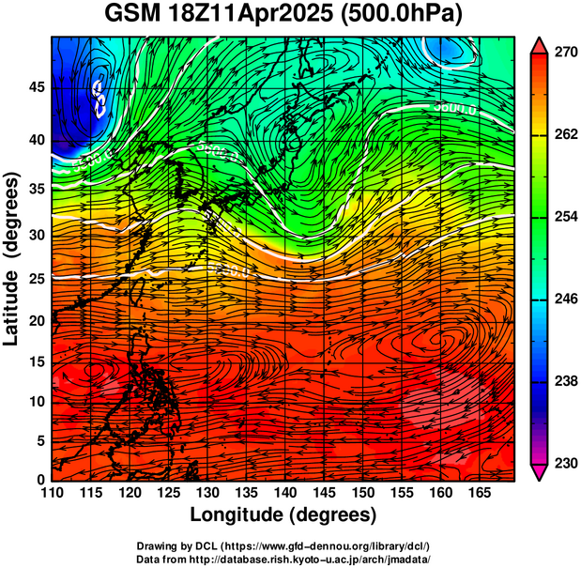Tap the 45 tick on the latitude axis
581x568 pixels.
(x=36, y=86)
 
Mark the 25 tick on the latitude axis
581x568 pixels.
(x=36, y=278)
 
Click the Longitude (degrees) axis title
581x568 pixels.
(x=283, y=515)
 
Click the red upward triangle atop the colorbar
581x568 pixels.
(x=539, y=44)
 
